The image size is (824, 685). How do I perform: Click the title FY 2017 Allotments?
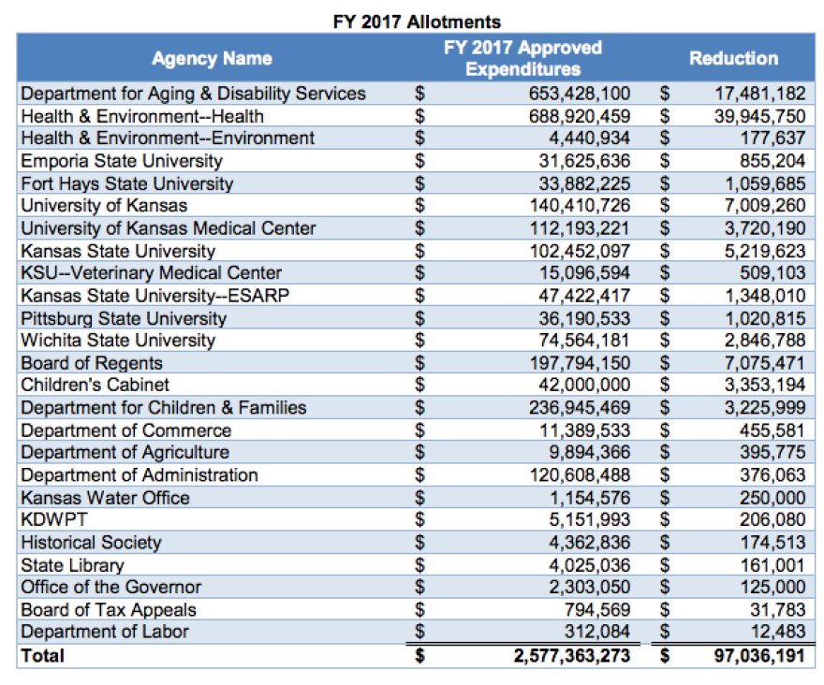pos(417,22)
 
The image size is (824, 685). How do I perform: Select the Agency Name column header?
pos(213,58)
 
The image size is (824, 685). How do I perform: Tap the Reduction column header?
pos(733,58)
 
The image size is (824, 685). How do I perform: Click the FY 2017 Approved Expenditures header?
pos(522,58)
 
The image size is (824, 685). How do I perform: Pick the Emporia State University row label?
pos(122,161)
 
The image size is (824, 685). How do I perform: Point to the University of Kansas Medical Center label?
pos(169,228)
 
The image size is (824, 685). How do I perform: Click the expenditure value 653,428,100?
pos(579,94)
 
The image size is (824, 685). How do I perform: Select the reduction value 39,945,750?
pos(759,116)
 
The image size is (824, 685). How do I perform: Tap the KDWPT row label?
pos(54,519)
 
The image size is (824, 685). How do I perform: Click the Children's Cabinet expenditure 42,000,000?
pos(584,385)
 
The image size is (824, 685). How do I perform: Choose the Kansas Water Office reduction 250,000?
pos(772,498)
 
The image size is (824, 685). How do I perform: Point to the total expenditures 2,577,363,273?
pos(572,656)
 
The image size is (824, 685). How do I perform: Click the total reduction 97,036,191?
pos(759,656)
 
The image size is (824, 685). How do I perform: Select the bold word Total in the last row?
pos(42,656)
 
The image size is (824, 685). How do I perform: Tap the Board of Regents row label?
pos(92,363)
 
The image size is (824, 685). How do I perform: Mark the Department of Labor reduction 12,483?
pos(778,632)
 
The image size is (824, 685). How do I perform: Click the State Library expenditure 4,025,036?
pos(589,565)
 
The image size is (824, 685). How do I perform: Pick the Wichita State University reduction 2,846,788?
pos(765,341)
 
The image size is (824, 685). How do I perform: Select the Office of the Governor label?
pos(110,587)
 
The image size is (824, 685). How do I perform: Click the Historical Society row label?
pos(91,543)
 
